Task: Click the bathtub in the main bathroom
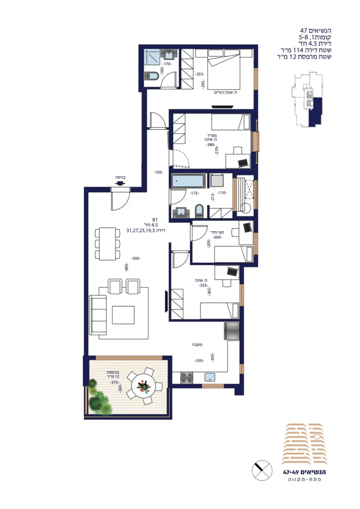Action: point(188,181)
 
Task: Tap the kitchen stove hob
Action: point(187,378)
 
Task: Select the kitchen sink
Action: point(210,377)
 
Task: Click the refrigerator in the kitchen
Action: point(232,331)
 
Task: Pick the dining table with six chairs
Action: point(107,244)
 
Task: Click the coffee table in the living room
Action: point(123,315)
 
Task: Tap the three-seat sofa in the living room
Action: point(98,315)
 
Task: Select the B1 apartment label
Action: point(155,220)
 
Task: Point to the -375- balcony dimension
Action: point(115,382)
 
